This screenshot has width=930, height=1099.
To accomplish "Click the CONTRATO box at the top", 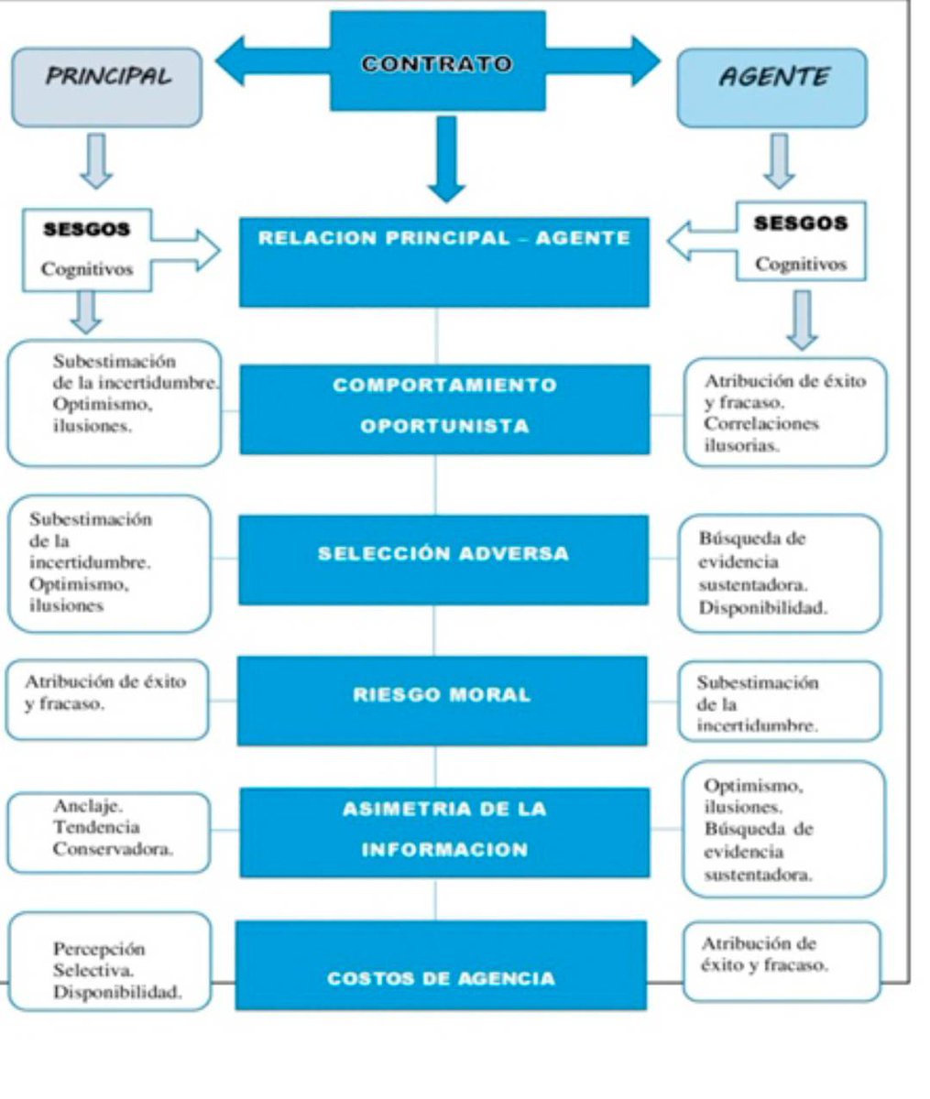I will [x=437, y=62].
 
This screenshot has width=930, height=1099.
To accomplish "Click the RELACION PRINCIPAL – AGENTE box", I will [x=443, y=261].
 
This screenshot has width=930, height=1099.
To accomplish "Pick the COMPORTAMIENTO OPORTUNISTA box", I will [x=444, y=408].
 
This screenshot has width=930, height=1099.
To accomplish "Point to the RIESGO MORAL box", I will [x=442, y=700].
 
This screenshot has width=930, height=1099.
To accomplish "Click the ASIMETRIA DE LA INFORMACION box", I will [x=444, y=831].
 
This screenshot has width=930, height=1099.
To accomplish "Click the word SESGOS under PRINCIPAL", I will [x=87, y=230].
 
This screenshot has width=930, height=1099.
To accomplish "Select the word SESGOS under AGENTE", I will [x=801, y=223].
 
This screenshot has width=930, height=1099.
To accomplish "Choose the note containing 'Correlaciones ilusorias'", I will [x=785, y=412].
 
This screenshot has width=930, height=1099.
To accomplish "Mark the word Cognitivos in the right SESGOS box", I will [x=801, y=264].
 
